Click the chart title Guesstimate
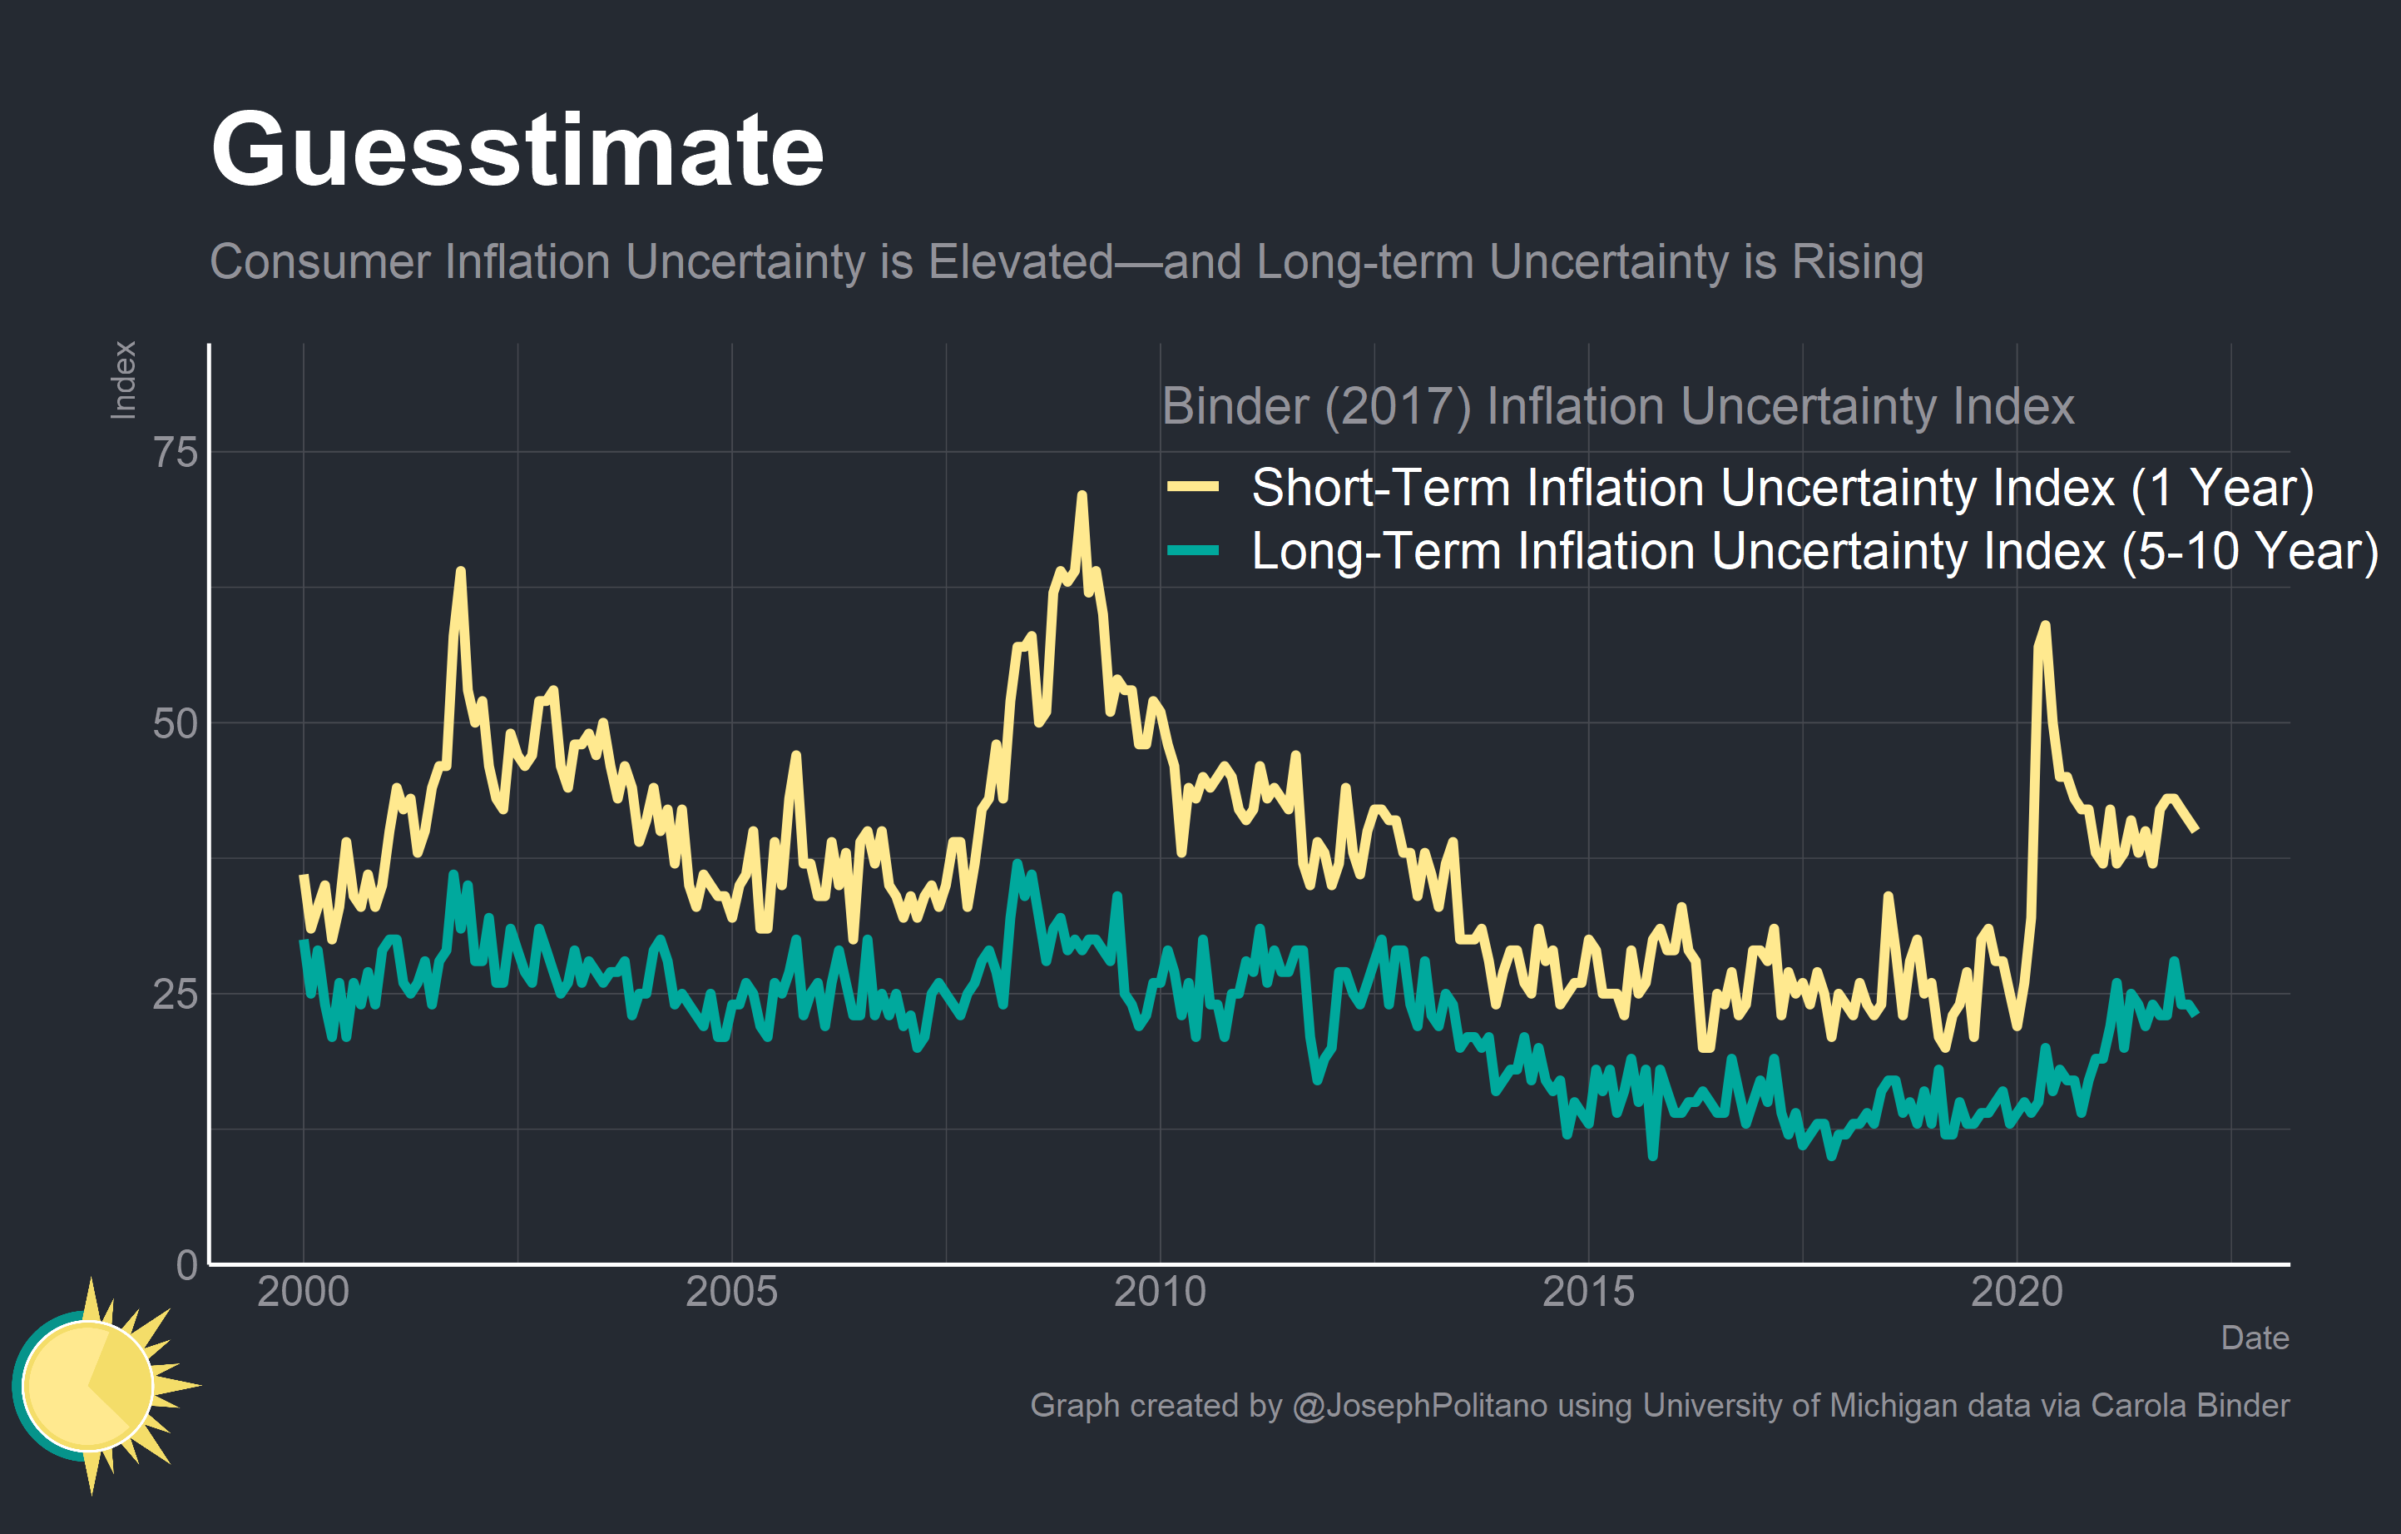[517, 150]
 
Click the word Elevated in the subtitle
[1020, 262]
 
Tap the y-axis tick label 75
[176, 453]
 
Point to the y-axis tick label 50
[176, 724]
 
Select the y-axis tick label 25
[176, 995]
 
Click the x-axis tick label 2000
[303, 1293]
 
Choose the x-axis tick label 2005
[731, 1293]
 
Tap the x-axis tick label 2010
[1160, 1293]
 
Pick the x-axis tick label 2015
[1588, 1293]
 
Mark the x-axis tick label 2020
[2016, 1293]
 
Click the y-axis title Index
[124, 380]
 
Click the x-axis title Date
[2255, 1338]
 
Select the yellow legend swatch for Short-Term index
[1192, 488]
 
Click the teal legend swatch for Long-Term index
[1192, 550]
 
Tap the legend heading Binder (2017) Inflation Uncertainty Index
[1617, 407]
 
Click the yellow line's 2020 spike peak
[2045, 625]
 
